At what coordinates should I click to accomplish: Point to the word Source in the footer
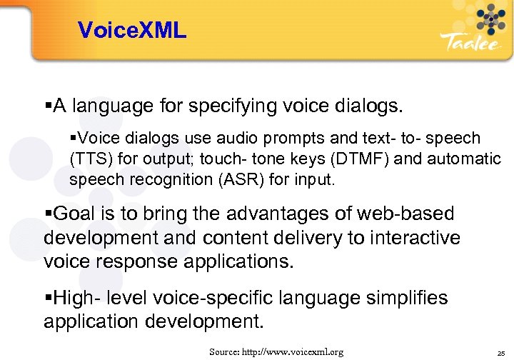[223, 352]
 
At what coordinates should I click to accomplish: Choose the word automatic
[461, 158]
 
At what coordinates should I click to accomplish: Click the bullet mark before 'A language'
[48, 106]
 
